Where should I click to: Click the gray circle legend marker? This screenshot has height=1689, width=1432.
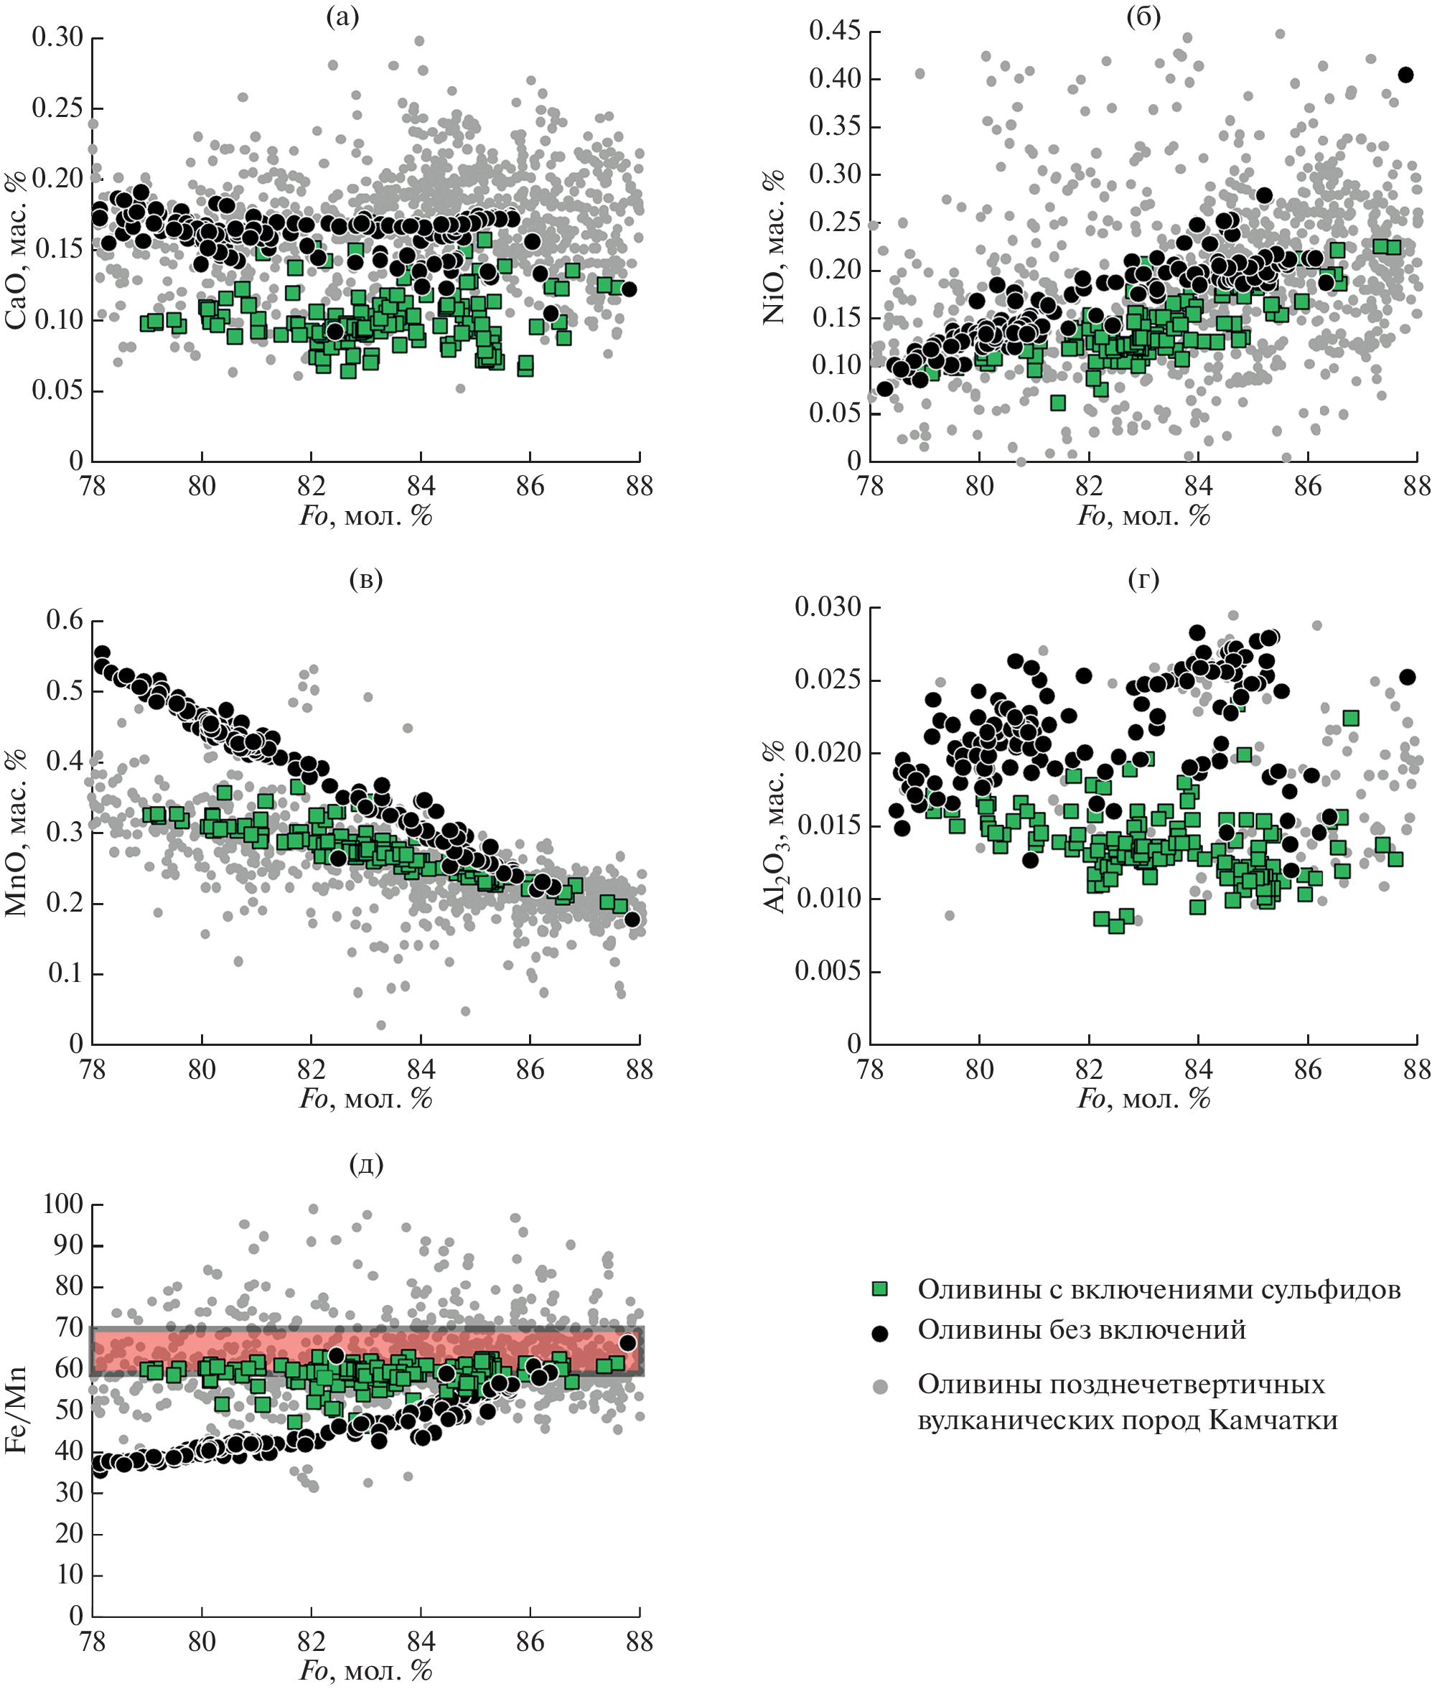coord(879,1387)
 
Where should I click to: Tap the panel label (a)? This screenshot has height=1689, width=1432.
coord(342,17)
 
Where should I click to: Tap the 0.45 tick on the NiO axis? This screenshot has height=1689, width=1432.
coord(835,31)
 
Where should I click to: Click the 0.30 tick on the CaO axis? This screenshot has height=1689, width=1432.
coord(57,37)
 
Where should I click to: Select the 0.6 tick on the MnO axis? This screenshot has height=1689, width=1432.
coord(64,620)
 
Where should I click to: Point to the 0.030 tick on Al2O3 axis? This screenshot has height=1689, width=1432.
coord(828,607)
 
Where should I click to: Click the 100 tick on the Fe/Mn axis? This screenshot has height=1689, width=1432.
coord(63,1203)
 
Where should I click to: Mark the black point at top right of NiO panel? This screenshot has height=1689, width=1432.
coord(1406,75)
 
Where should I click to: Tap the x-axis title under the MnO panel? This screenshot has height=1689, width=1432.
coord(366,1099)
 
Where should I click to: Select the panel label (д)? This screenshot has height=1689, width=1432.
coord(366,1165)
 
